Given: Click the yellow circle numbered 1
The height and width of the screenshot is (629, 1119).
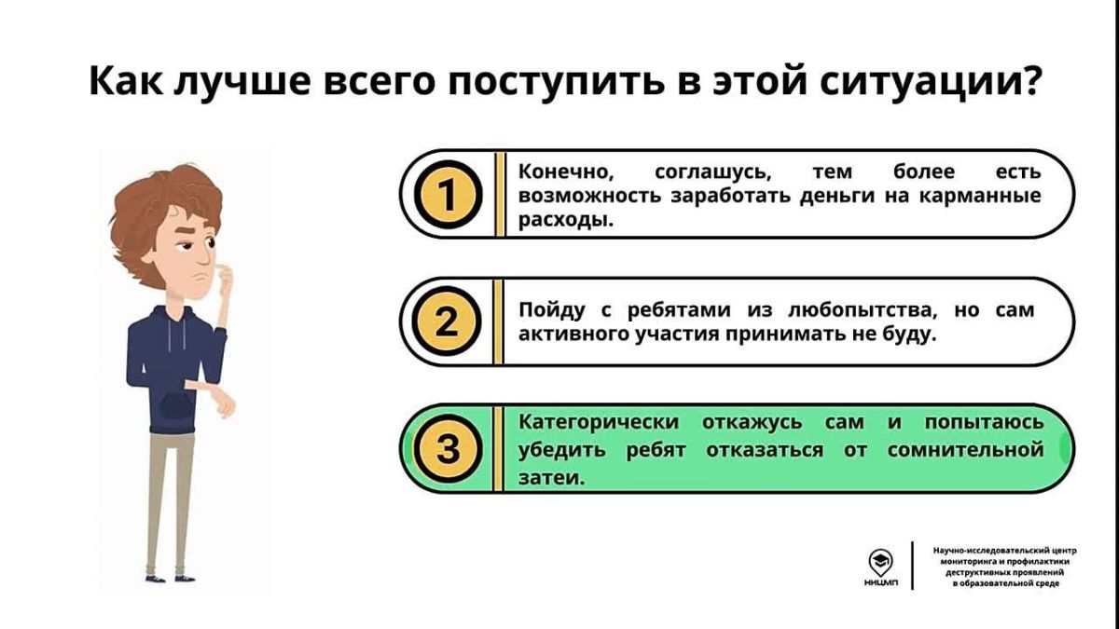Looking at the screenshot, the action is (x=449, y=194).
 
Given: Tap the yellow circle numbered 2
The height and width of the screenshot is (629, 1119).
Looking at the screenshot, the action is (x=447, y=321).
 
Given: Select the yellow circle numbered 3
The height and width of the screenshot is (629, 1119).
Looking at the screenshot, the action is (x=449, y=448).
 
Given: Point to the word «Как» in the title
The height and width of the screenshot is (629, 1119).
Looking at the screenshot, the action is (x=126, y=80).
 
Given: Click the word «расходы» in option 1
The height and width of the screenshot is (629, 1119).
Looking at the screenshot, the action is (x=565, y=220).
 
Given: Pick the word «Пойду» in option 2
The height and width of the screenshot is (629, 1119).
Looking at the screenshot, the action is (x=551, y=310).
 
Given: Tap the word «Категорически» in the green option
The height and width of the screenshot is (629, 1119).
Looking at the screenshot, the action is (x=599, y=422).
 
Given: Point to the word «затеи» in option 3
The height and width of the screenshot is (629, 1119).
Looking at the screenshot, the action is (x=551, y=478).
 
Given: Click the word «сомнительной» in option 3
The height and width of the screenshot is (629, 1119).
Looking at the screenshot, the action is (x=966, y=450).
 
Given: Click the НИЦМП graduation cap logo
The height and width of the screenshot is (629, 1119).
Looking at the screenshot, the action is (x=880, y=564).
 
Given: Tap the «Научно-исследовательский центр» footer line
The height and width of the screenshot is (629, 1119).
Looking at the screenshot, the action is (x=1004, y=551).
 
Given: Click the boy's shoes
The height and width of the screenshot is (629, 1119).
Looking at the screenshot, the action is (x=170, y=578).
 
